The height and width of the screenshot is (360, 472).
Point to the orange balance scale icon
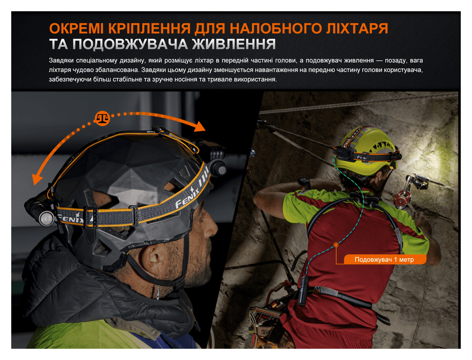[102, 118]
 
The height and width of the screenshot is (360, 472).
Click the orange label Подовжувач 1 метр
[384, 260]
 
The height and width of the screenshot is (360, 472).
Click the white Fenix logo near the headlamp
[70, 219]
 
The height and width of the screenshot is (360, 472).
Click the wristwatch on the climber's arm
[305, 182]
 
